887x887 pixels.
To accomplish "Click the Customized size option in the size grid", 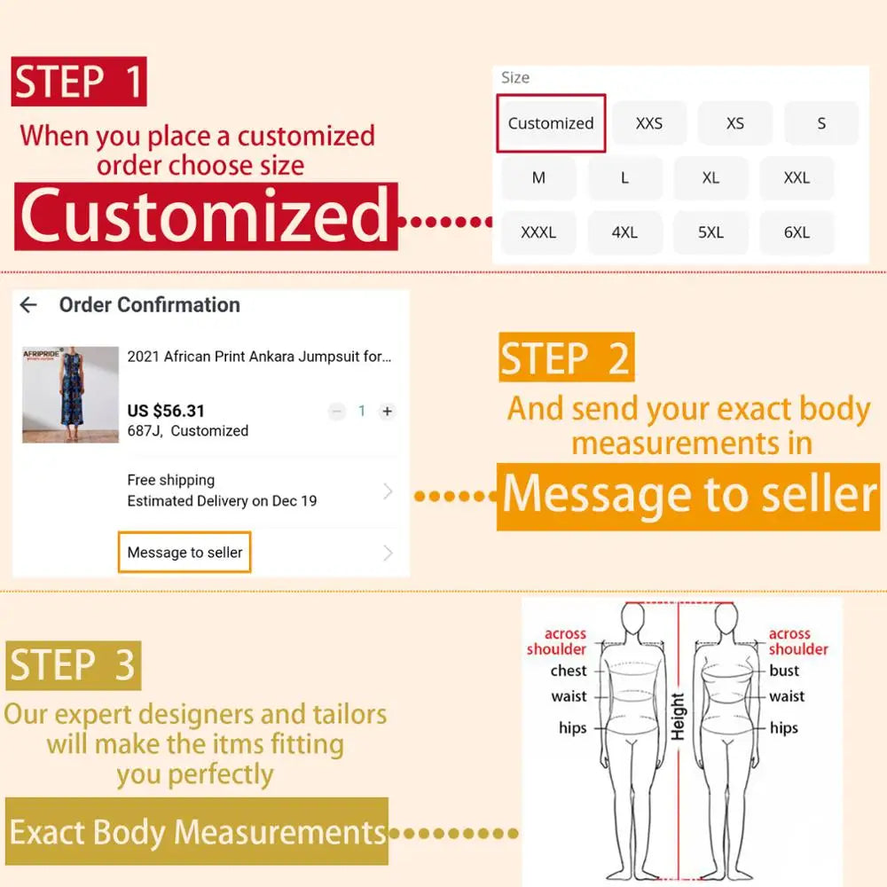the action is click(551, 123).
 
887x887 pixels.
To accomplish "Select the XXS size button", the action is click(649, 123).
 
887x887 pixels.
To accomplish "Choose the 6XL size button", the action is click(797, 232).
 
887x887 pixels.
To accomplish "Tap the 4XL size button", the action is click(624, 232).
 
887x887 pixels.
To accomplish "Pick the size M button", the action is click(538, 177).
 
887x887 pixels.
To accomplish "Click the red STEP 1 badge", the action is click(79, 82).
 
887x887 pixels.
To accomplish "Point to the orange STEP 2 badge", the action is click(566, 357).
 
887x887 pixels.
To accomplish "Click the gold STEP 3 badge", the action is click(74, 665).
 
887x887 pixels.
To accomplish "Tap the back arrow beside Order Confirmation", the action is click(28, 305).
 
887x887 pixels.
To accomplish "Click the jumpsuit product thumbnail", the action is click(71, 395).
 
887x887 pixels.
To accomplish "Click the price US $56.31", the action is click(166, 411).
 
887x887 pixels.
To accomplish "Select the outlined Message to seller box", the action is click(184, 552).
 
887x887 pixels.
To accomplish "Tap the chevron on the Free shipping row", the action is click(388, 491).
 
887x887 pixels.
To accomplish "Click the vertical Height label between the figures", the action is click(678, 716).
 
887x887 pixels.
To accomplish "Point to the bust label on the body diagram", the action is click(784, 671).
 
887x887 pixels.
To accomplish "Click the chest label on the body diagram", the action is click(569, 671).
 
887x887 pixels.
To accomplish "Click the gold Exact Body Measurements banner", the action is click(197, 832).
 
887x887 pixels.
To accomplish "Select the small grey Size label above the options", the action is click(515, 77).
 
